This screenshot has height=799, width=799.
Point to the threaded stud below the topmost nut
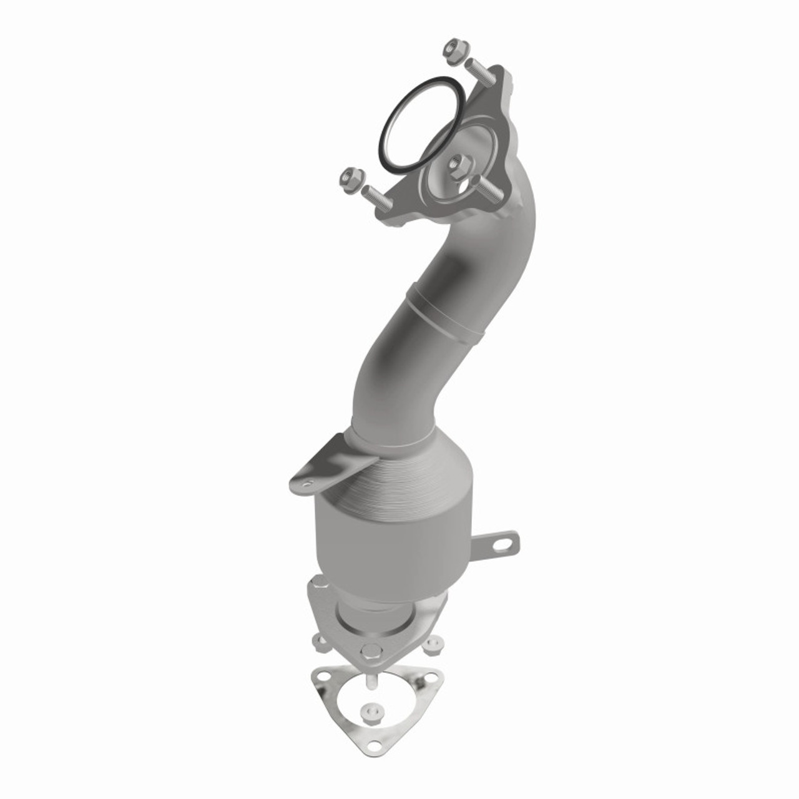coord(478,72)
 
